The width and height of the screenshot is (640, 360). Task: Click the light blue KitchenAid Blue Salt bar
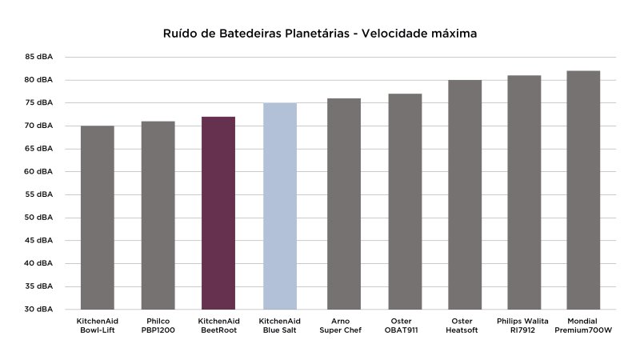click(x=280, y=206)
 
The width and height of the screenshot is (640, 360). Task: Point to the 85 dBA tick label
click(x=38, y=57)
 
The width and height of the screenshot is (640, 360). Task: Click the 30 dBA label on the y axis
click(x=38, y=310)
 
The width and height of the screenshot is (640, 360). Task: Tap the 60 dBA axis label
click(x=38, y=172)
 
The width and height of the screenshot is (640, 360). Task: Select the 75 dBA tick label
click(x=38, y=103)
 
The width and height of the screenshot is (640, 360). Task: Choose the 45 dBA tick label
click(x=38, y=241)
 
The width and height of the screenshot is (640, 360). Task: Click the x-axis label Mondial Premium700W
click(x=583, y=325)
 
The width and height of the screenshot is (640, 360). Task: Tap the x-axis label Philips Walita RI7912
click(x=524, y=325)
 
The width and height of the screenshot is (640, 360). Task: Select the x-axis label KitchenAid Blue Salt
click(x=280, y=325)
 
